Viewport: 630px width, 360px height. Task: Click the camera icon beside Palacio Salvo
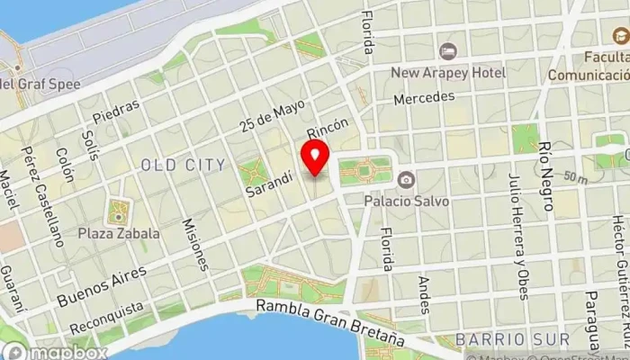[406, 180]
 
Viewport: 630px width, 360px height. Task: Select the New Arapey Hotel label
[447, 72]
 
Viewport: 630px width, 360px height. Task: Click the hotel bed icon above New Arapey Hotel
[447, 52]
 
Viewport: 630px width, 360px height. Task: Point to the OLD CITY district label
[183, 165]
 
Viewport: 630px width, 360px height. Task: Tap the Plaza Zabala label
[120, 233]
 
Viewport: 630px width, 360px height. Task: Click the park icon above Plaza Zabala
[118, 213]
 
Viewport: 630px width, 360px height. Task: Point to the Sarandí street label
[269, 184]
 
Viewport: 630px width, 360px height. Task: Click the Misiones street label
[195, 244]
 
